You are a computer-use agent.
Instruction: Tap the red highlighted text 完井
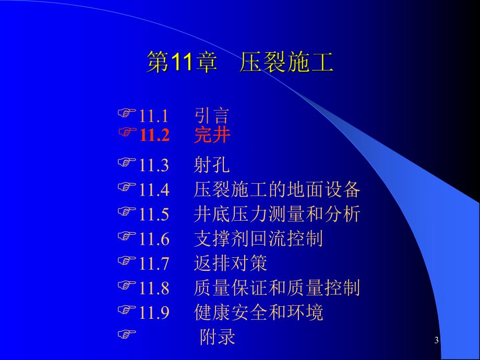coord(212,136)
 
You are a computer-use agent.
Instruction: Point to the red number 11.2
coord(154,136)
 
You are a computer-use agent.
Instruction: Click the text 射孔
coord(211,166)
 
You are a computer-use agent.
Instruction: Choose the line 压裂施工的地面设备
coord(277,190)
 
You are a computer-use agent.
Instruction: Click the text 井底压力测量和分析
coord(277,214)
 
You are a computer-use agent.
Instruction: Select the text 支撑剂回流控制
coord(258,239)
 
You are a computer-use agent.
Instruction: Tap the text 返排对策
coord(230,263)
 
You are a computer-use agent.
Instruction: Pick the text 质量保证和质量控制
coord(277,287)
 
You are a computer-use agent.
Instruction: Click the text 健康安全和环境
coord(258,312)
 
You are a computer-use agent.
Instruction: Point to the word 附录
coord(218,337)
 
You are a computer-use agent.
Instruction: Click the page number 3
coord(436,341)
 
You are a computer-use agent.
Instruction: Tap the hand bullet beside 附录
coord(126,333)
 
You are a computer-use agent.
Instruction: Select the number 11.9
coord(154,313)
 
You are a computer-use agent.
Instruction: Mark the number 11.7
coord(154,264)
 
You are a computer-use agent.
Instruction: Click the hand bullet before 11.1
coord(127,113)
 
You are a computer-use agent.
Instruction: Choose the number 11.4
coord(154,190)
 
